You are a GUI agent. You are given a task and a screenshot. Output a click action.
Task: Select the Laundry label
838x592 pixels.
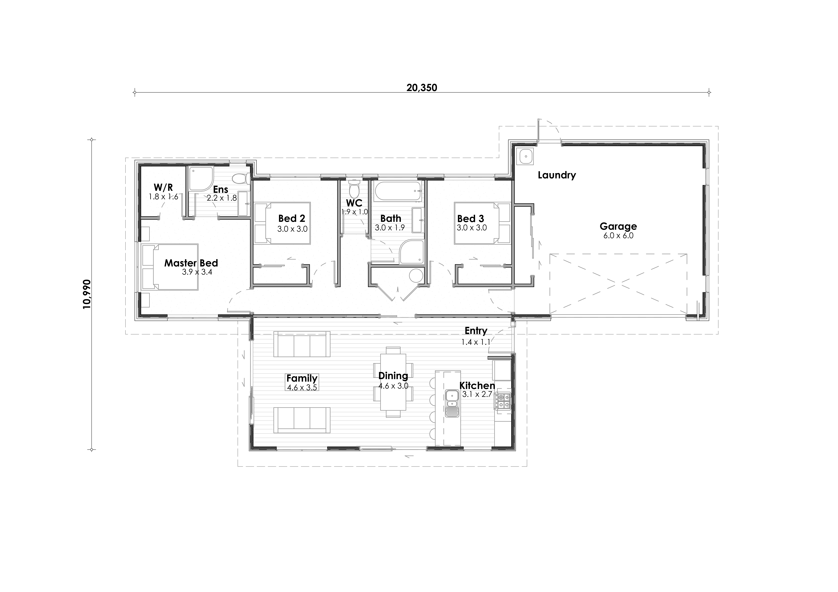point(557,175)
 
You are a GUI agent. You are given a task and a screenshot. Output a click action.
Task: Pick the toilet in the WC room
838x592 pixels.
point(354,189)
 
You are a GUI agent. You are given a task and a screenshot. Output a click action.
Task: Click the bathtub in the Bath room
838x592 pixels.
point(398,191)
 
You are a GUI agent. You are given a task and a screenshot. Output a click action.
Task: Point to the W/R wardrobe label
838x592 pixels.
point(163,187)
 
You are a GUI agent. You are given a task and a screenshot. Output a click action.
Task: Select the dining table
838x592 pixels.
point(393,382)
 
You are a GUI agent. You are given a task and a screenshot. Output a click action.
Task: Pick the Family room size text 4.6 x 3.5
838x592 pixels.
point(302,387)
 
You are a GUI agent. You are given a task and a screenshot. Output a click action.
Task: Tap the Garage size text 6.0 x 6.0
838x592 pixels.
point(618,236)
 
